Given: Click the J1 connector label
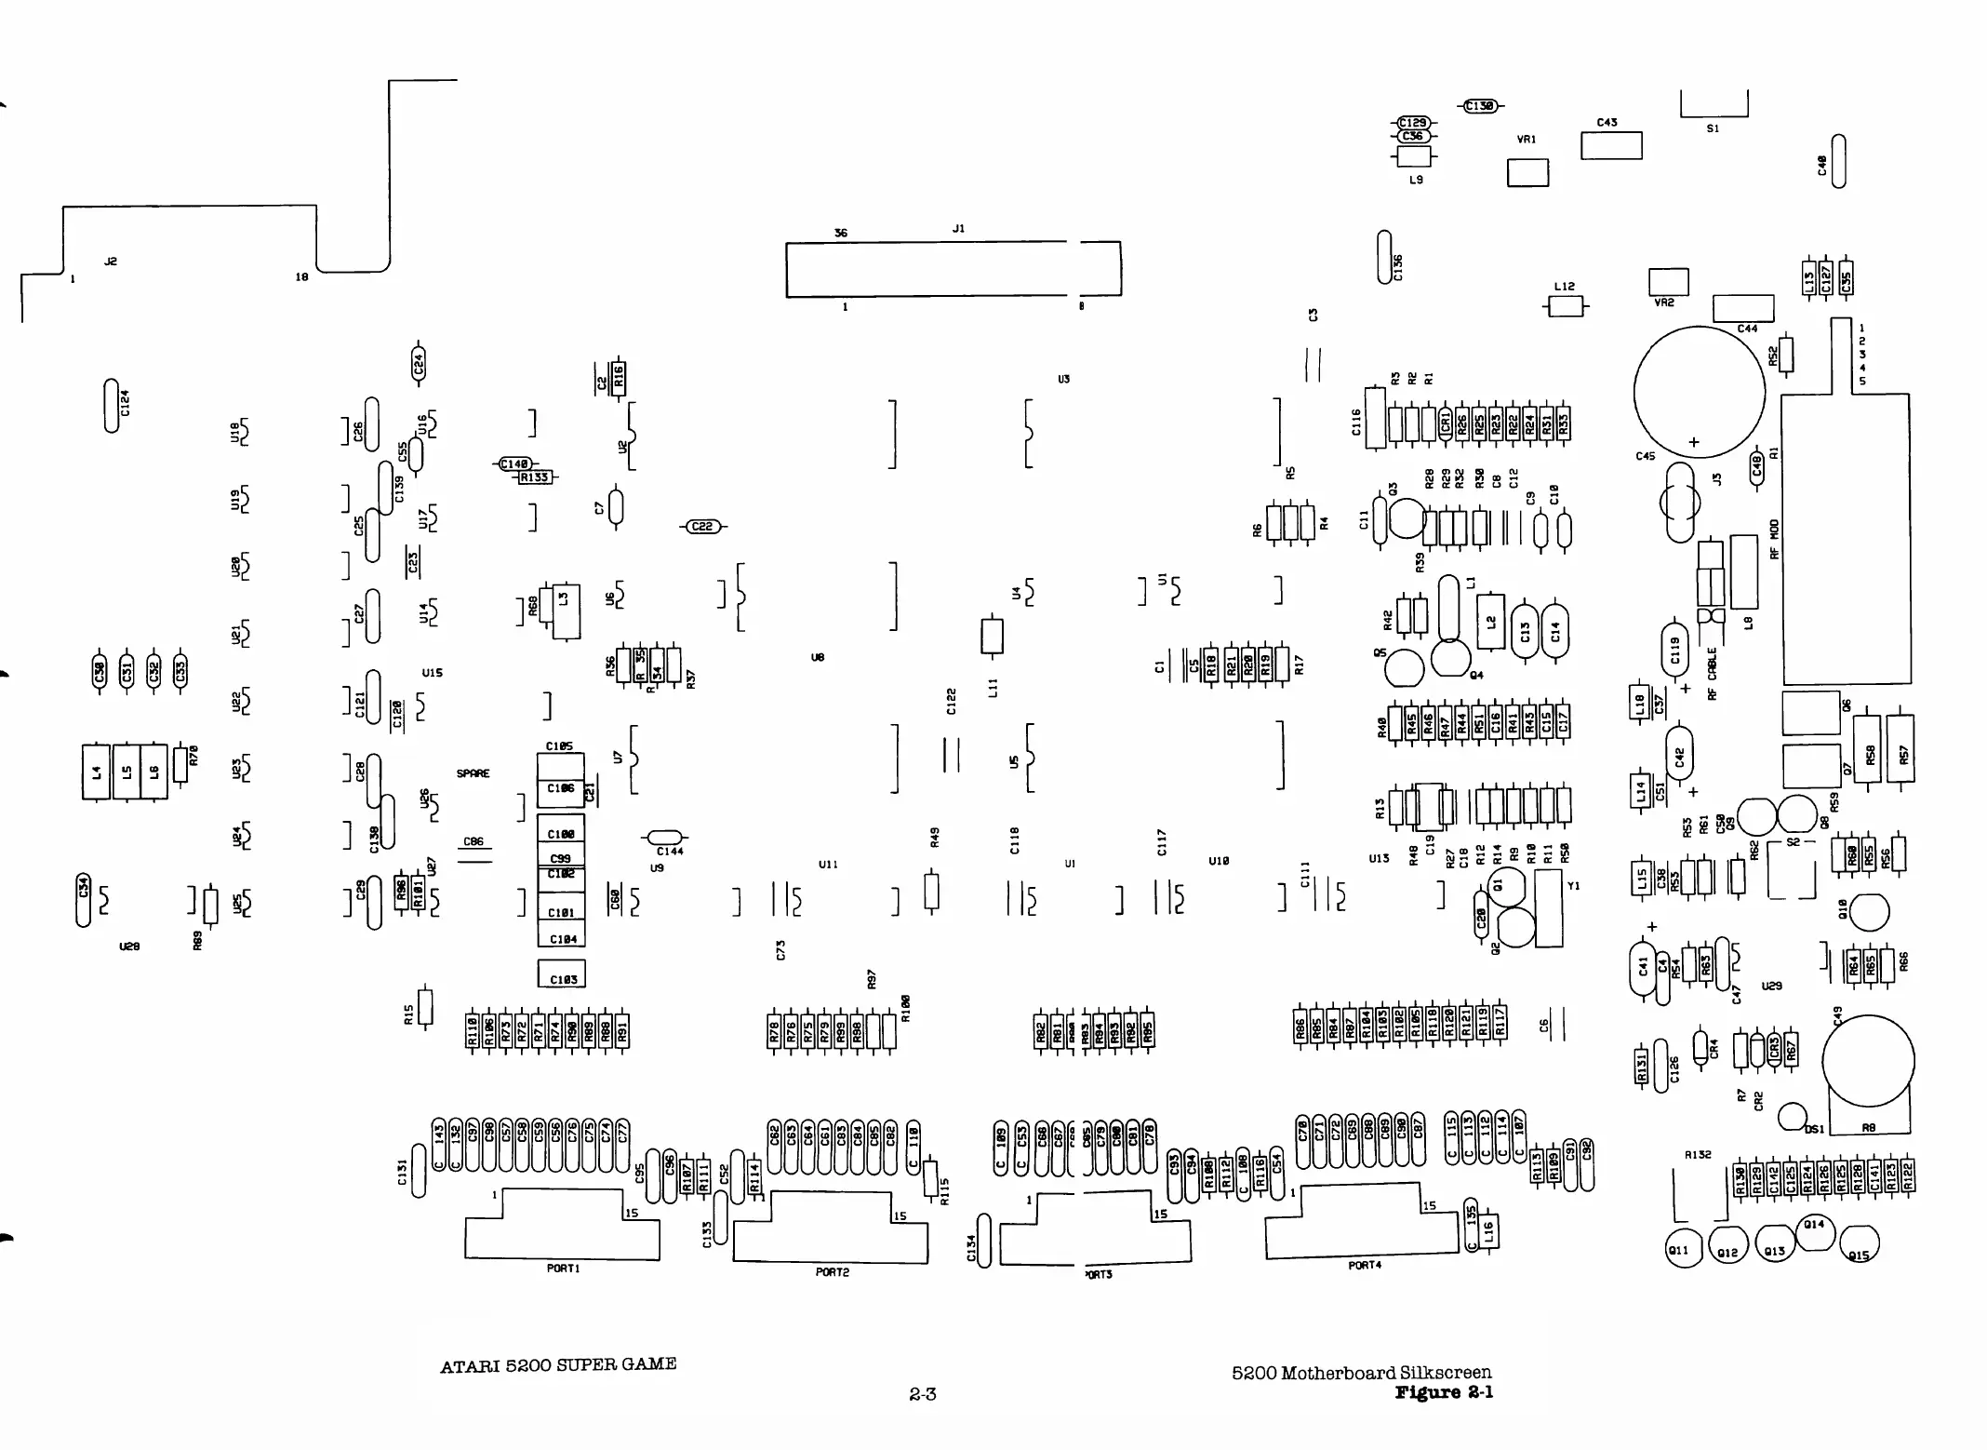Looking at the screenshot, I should (958, 228).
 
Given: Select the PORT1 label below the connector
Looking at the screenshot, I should (563, 1269).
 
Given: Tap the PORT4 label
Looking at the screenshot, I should (1365, 1266).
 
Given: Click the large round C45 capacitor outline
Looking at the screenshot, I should (1699, 391).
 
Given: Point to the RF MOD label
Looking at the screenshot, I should (1774, 539).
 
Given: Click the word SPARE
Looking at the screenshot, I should (473, 773).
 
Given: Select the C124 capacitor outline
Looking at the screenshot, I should (113, 406).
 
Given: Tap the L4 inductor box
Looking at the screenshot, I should (97, 772).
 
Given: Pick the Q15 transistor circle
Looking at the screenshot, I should (1859, 1243).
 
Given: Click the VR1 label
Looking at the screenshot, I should (1527, 140).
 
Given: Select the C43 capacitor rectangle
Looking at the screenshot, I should (1611, 146).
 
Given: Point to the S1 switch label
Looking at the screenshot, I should (1714, 128).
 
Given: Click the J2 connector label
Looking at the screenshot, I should (111, 262).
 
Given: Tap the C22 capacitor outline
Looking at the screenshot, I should (703, 527).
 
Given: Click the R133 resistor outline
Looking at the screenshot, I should (535, 477).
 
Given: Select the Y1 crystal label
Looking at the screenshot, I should (1573, 886).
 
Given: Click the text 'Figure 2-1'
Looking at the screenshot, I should (1444, 1392).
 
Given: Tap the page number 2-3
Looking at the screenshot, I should (922, 1394).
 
